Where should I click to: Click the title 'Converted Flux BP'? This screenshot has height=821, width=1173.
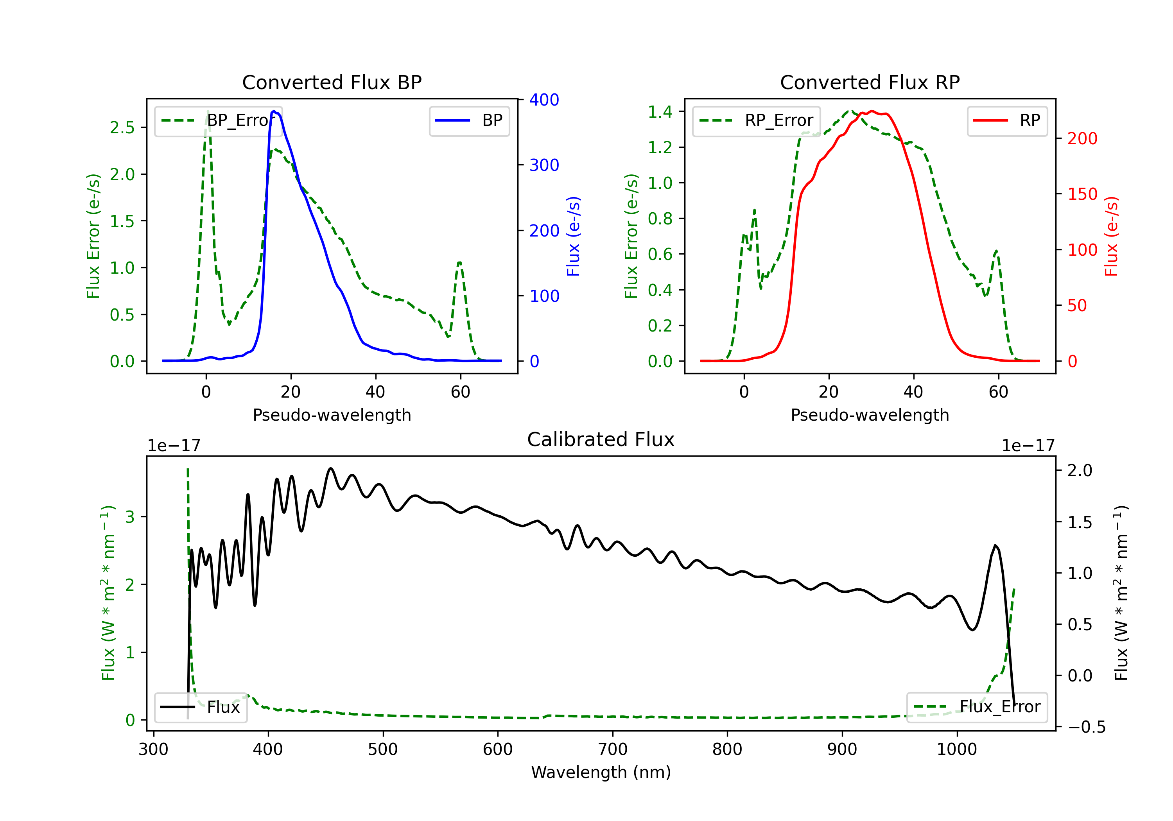coord(332,82)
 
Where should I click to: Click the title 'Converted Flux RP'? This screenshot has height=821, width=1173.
coord(870,82)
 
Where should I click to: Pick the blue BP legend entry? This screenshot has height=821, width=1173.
coord(469,120)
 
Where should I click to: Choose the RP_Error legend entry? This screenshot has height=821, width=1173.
coord(756,120)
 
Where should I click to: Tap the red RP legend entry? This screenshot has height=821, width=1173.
coord(1007,120)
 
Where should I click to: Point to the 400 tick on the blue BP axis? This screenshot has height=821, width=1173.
coord(544,100)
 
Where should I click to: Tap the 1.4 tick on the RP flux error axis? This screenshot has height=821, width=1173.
coord(660,111)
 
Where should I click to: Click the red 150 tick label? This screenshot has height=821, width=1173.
coord(1082,194)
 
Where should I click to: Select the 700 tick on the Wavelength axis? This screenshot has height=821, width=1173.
coord(613,749)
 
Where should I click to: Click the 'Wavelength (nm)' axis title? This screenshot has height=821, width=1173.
coord(601,772)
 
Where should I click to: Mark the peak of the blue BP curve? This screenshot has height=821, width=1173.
coord(274,111)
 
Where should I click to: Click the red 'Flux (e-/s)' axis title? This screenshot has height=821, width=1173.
coord(1112,236)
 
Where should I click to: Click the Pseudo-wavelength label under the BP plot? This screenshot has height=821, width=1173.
coord(332,415)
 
